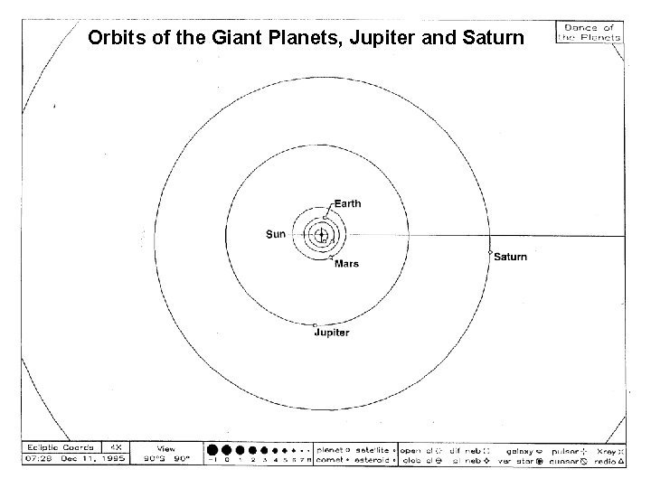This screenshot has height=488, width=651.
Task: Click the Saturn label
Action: tap(511, 258)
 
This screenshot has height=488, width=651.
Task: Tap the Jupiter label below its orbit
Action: tap(332, 333)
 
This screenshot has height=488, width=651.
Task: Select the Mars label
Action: tap(347, 264)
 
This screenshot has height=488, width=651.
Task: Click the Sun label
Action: tap(276, 235)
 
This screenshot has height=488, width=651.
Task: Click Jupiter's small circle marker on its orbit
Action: tap(315, 324)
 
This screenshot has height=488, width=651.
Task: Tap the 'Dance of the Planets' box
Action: tap(589, 33)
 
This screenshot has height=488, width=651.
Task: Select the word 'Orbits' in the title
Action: tap(111, 39)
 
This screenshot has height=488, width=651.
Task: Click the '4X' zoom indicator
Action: tap(117, 447)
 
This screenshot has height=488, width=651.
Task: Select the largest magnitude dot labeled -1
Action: tap(212, 449)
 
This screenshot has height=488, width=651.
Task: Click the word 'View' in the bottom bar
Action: tap(166, 447)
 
